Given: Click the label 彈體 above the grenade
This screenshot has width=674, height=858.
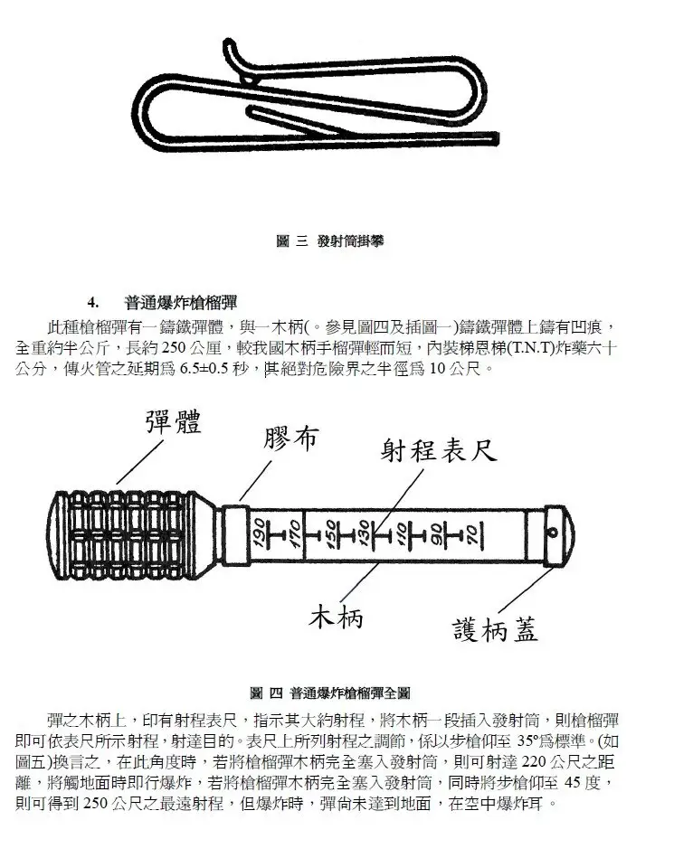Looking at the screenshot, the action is tap(174, 422).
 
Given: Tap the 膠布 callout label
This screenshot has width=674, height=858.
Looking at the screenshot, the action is tap(290, 438).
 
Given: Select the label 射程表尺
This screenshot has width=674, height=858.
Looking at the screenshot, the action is tap(439, 451).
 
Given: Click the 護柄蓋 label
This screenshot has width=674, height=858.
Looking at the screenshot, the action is tap(496, 628).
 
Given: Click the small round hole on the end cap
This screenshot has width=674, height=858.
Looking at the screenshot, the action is tap(553, 533).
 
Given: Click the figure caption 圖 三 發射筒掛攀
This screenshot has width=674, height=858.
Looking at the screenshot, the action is tap(329, 240).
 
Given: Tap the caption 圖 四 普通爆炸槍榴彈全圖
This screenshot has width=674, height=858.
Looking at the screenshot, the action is tap(330, 693).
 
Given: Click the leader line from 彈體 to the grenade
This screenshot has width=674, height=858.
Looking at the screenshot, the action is tap(139, 462).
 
